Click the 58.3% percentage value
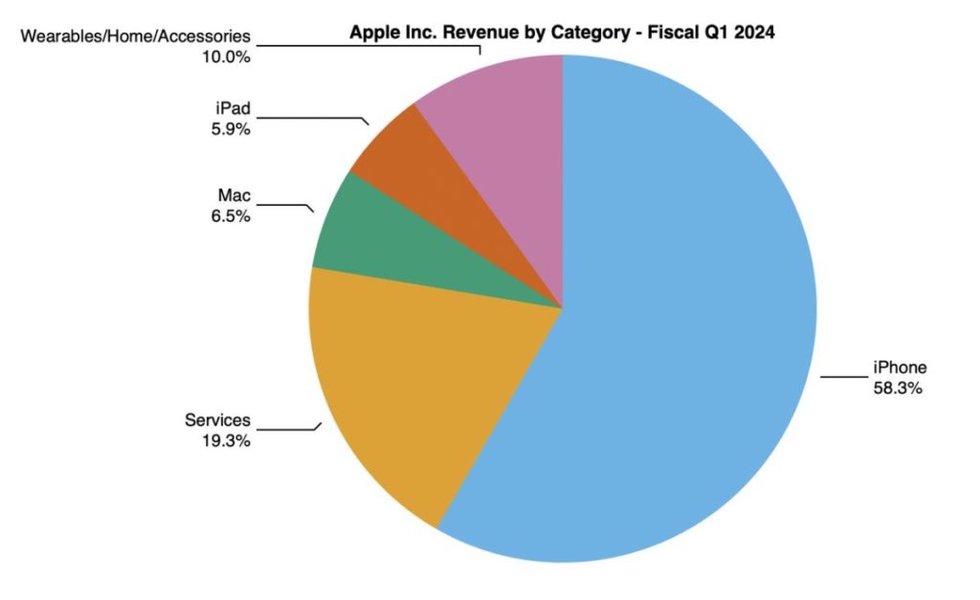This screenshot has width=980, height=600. click(897, 389)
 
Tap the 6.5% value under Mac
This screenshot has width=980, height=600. click(232, 216)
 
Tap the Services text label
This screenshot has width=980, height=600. click(217, 420)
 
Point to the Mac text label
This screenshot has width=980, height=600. click(234, 196)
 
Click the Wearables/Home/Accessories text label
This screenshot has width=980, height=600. click(135, 36)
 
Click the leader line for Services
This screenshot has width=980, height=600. click(287, 430)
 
